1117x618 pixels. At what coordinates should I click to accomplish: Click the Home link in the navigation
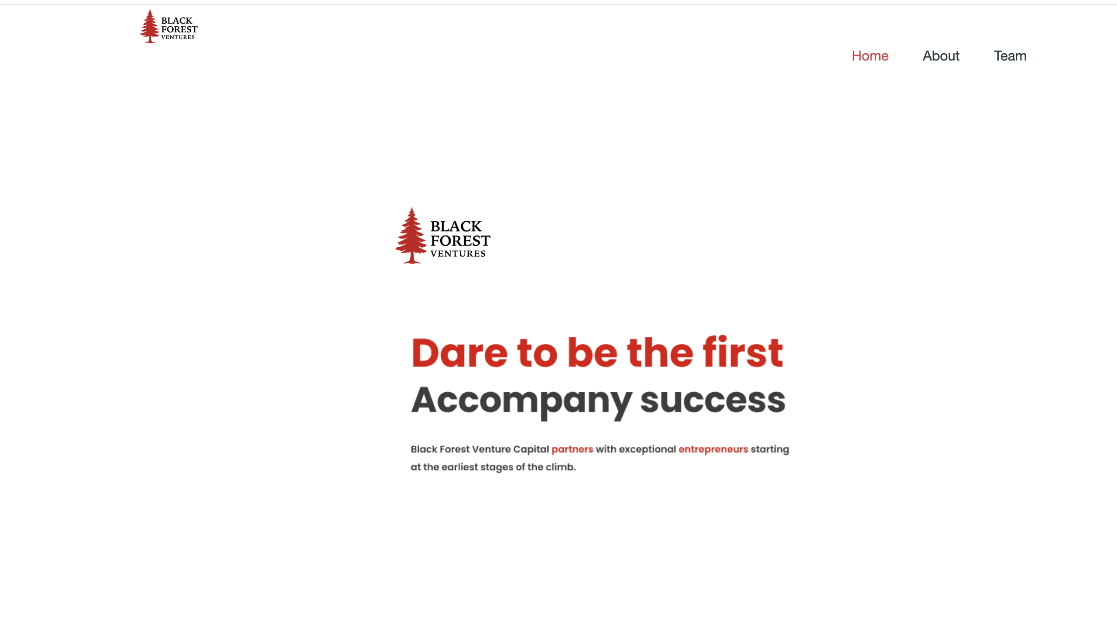tap(870, 56)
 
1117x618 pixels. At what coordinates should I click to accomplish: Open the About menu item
tap(941, 56)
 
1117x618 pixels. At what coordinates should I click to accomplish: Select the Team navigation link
tap(1010, 56)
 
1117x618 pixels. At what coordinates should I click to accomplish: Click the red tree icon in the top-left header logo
tap(150, 27)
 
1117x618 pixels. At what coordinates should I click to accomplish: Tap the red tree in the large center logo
tap(411, 236)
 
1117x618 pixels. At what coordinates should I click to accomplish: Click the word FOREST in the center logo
tap(460, 241)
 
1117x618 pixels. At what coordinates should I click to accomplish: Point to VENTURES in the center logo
tap(458, 254)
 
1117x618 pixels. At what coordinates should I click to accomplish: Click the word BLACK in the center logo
tap(456, 226)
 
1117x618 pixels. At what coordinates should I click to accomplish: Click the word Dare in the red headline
tap(459, 353)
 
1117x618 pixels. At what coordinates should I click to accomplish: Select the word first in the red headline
tap(742, 353)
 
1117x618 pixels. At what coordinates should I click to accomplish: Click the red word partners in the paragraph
tap(572, 449)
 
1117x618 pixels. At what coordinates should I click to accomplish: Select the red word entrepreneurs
tap(713, 449)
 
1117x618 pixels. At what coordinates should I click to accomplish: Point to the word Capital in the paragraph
tap(531, 449)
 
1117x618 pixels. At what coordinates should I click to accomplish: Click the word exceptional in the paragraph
tap(647, 449)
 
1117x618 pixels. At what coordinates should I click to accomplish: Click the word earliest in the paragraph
tap(459, 467)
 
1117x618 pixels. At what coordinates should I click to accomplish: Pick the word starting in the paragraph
tap(770, 449)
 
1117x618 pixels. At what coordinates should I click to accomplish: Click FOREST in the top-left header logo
tap(179, 29)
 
